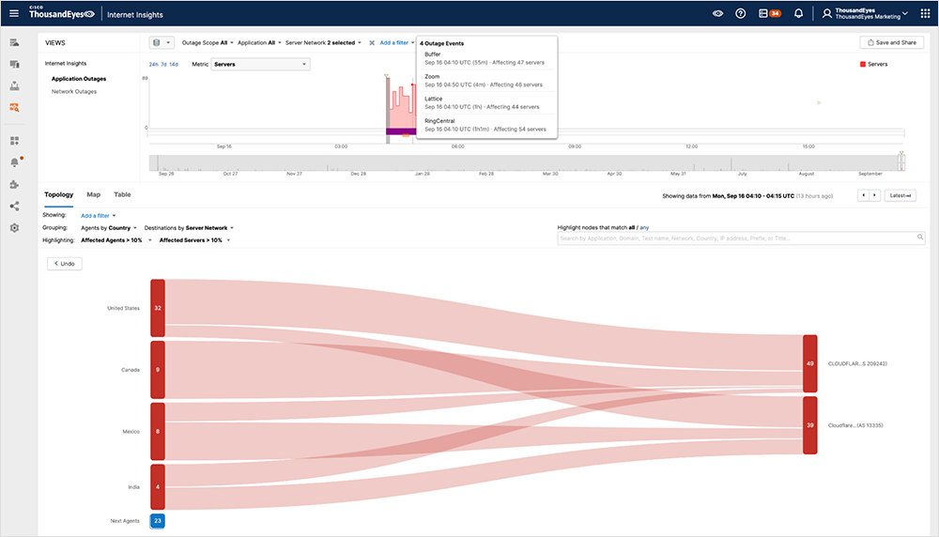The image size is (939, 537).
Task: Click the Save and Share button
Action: click(x=891, y=42)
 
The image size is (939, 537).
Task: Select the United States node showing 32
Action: click(x=158, y=308)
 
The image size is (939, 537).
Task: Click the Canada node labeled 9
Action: click(x=158, y=369)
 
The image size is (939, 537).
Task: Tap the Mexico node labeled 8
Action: click(x=158, y=431)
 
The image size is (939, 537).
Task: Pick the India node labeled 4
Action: click(x=158, y=486)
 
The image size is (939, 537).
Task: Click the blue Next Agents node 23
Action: click(x=158, y=520)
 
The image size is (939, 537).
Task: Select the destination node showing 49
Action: click(x=809, y=363)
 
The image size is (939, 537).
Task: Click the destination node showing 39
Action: click(x=809, y=424)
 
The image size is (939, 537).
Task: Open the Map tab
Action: click(x=94, y=194)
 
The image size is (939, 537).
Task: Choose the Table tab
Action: click(x=122, y=194)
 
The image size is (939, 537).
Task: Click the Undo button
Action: click(x=66, y=264)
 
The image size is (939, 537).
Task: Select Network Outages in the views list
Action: click(x=74, y=92)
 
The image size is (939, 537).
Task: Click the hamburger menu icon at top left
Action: click(x=14, y=13)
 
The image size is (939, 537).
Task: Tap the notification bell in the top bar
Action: click(x=798, y=13)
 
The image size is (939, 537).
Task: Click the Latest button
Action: click(x=900, y=195)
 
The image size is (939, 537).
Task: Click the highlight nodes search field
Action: click(x=738, y=238)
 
